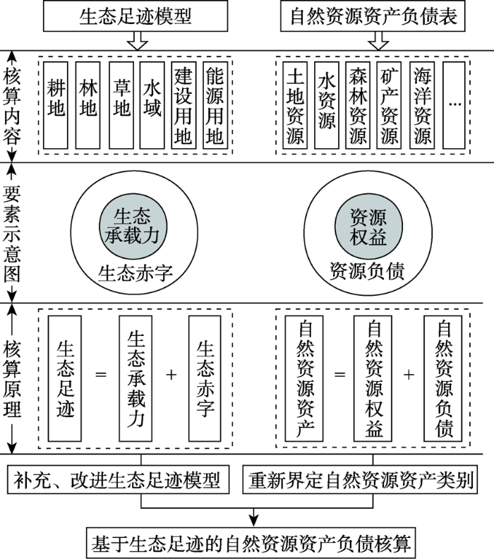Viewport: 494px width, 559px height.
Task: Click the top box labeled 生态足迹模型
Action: (x=135, y=16)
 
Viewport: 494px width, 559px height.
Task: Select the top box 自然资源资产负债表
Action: (x=373, y=16)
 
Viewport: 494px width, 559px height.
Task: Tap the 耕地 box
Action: (x=56, y=105)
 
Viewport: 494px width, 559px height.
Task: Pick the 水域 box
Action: (x=152, y=105)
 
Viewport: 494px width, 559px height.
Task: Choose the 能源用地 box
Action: (x=215, y=105)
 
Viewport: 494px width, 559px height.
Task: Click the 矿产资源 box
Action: (x=390, y=105)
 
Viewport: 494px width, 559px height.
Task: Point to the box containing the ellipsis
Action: (x=454, y=105)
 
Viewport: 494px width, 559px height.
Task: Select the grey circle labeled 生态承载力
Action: (x=133, y=227)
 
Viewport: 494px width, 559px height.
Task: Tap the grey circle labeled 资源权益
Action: (x=368, y=227)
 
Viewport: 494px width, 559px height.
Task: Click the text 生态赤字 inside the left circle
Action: (x=135, y=273)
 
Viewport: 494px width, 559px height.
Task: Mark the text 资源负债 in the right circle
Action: (x=367, y=271)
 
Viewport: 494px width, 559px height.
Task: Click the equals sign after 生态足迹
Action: (x=101, y=375)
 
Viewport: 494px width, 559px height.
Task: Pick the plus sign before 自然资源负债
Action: (x=409, y=375)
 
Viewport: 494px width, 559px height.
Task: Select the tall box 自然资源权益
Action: (x=373, y=378)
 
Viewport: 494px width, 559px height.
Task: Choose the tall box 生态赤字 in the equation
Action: (x=205, y=378)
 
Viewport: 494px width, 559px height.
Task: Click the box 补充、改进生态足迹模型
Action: (x=118, y=479)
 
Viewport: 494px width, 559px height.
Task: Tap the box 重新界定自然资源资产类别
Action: (x=360, y=479)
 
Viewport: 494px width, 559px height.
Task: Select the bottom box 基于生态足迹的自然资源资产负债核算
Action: (x=251, y=543)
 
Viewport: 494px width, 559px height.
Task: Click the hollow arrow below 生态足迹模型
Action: (x=137, y=40)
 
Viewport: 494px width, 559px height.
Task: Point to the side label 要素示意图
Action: (x=12, y=234)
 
